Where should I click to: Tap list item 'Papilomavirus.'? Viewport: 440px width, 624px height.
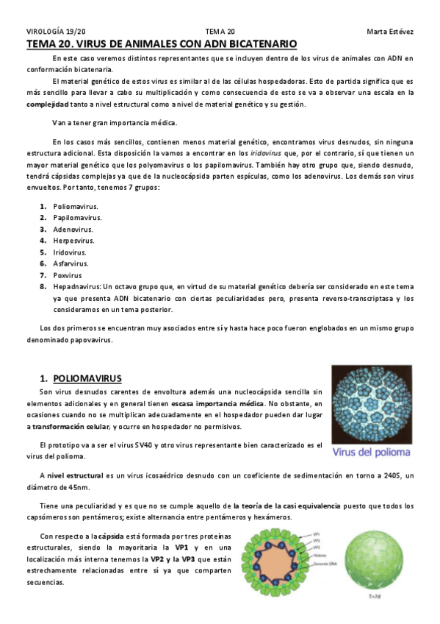tap(77, 217)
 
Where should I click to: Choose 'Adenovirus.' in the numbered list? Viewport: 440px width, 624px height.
tap(73, 229)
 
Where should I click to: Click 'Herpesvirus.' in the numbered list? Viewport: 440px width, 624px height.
tap(73, 240)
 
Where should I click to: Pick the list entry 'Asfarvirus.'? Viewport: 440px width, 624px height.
tap(71, 263)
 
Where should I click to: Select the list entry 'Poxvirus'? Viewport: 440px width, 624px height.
tap(68, 274)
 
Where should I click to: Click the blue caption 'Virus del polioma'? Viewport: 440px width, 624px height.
tap(372, 452)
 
